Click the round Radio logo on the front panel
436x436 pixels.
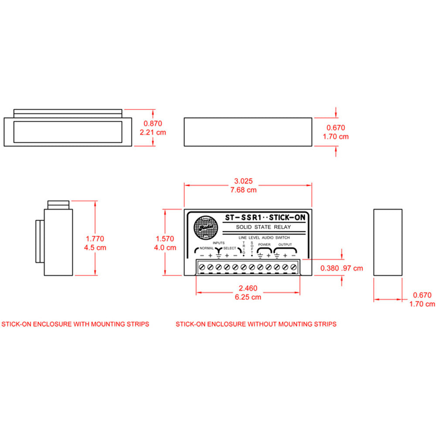click(203, 227)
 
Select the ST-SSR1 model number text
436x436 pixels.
click(242, 217)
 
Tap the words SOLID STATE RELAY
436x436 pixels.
click(263, 227)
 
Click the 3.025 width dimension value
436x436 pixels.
click(244, 181)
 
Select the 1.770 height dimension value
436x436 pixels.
click(95, 238)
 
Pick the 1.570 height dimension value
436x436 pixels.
click(165, 238)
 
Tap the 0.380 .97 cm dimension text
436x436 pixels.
click(341, 268)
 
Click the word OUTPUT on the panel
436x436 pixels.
click(285, 245)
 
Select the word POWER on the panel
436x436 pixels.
click(264, 245)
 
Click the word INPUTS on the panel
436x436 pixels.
click(218, 242)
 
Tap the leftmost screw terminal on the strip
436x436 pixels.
click(202, 267)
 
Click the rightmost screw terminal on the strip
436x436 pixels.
click(293, 267)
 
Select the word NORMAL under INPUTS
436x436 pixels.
click(206, 248)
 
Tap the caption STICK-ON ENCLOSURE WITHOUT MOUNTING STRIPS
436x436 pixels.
click(256, 324)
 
